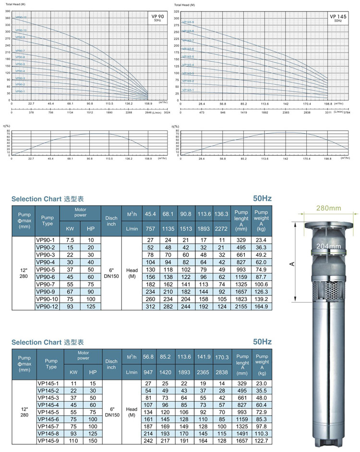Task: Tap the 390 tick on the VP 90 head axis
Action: click(x=8, y=11)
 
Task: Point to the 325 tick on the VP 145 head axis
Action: click(x=176, y=11)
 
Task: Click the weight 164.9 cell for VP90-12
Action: click(x=262, y=306)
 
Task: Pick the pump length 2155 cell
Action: click(x=241, y=306)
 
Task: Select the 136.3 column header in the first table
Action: click(x=221, y=214)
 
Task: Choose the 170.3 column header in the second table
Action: click(x=221, y=357)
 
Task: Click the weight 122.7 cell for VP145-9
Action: click(x=262, y=440)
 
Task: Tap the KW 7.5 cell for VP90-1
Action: click(x=69, y=240)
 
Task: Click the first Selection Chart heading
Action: click(x=48, y=198)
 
